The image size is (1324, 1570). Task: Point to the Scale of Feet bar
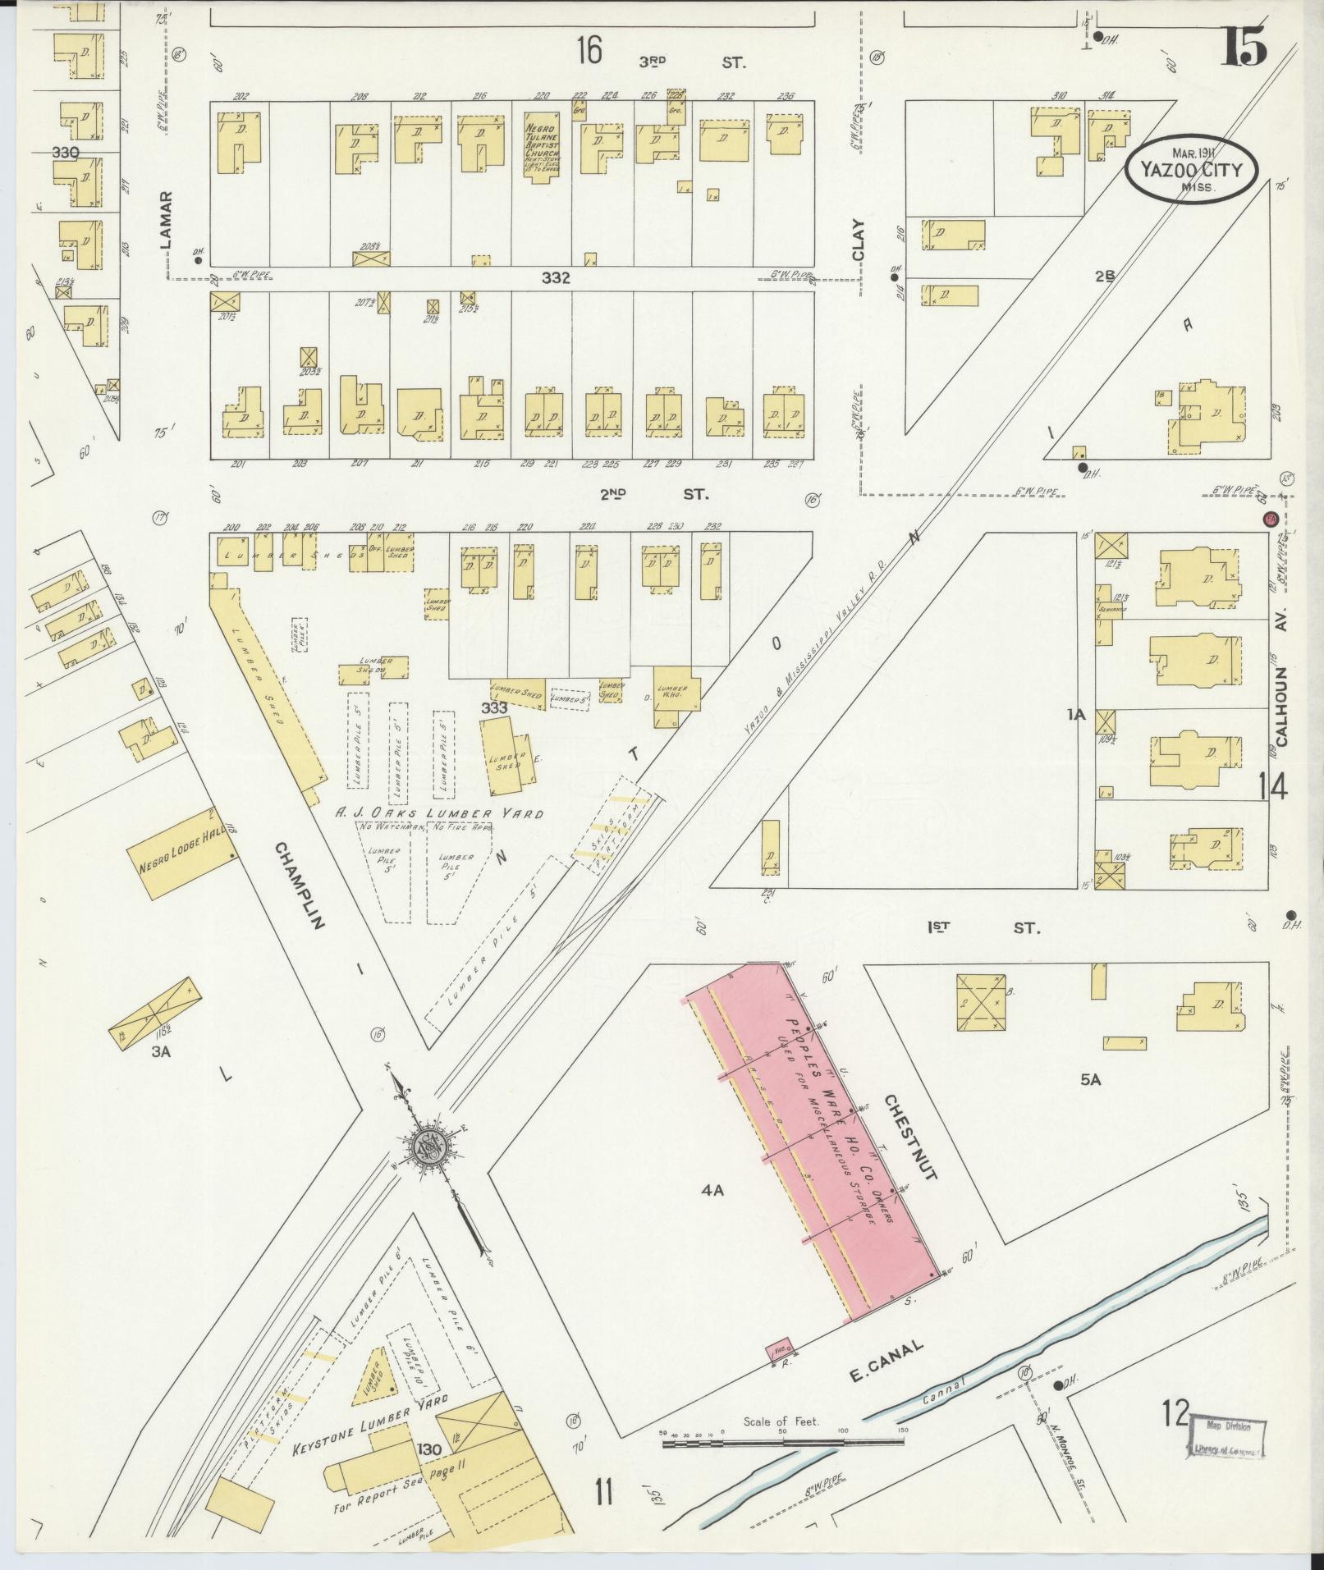[784, 1438]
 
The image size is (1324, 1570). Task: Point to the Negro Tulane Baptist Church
[541, 149]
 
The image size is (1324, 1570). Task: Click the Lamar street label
[167, 219]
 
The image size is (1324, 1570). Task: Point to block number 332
[556, 278]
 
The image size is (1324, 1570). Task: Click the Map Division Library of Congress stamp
[1226, 1435]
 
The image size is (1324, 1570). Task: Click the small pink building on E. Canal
[780, 1349]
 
